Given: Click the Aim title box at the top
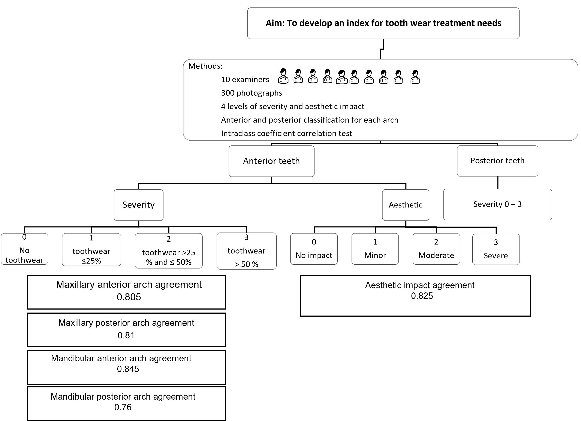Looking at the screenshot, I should tap(383, 23).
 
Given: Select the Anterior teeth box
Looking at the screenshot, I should tap(271, 161).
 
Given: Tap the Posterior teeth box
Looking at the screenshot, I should tap(497, 161).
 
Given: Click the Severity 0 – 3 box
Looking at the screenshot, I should tap(497, 204).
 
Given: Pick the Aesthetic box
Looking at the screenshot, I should tap(406, 205).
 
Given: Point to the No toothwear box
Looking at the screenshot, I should tap(24, 249).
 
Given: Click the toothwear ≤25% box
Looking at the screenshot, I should tap(91, 250).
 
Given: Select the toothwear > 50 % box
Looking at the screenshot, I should tap(246, 251).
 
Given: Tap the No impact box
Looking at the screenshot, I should tap(314, 249).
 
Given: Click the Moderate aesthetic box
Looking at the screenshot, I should tap(436, 249).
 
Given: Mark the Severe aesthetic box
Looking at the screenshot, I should tap(496, 249).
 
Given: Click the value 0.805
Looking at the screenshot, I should tap(129, 297).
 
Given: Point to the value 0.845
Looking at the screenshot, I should tap(128, 369).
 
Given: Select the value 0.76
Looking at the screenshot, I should tap(123, 407).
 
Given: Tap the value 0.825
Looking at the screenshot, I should tap(422, 296).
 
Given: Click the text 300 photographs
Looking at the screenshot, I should tap(251, 93).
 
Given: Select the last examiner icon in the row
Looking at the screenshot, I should tap(415, 77).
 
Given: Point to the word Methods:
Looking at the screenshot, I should tap(205, 66).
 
